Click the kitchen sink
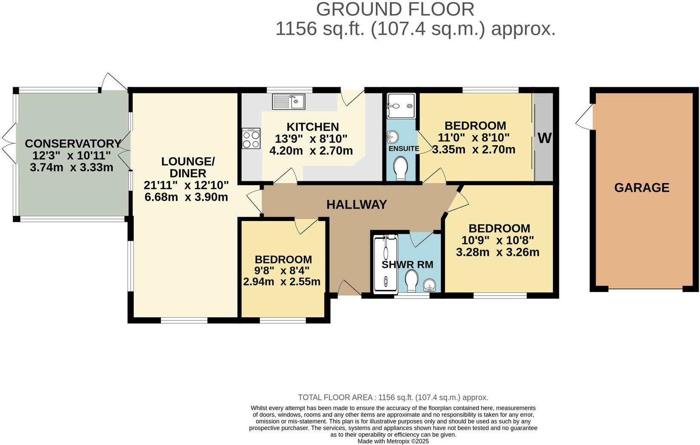point(288,101)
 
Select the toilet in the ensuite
point(400,169)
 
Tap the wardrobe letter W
point(544,138)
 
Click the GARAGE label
point(642,187)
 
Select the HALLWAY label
point(357,205)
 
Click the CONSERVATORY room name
point(73,144)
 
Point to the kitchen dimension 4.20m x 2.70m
point(311,150)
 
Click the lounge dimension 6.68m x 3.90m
point(186,197)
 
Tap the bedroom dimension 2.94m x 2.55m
point(282,281)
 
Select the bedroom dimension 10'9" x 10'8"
point(498,240)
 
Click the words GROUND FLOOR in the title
point(395,9)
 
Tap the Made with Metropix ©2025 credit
point(393,441)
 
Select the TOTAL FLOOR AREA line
point(393,397)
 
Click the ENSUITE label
point(403,149)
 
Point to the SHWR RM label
point(407,264)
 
